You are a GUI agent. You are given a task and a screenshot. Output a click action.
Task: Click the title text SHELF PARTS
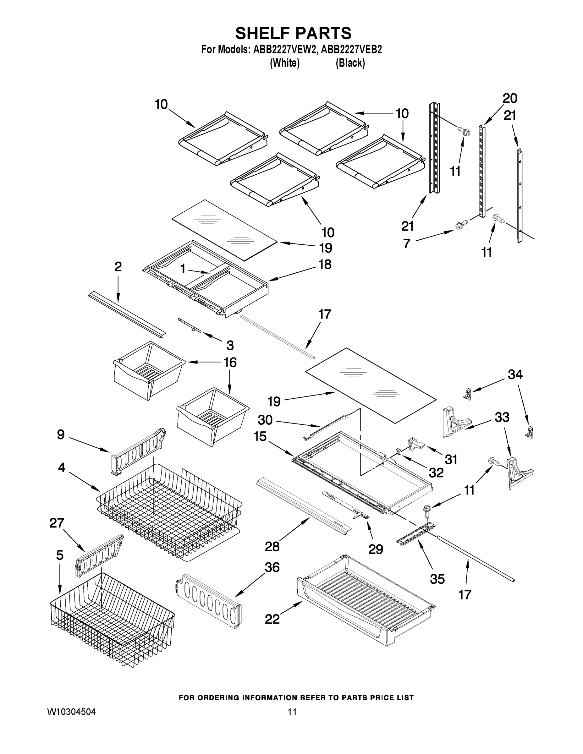coord(293,34)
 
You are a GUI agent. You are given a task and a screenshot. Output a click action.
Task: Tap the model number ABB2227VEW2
coord(285,50)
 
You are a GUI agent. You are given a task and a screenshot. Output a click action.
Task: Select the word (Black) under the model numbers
coord(350,63)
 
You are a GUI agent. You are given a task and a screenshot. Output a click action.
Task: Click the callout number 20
coord(510,98)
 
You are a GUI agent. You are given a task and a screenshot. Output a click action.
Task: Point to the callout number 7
coord(407,244)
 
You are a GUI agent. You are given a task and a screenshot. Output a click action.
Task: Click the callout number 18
coord(325,265)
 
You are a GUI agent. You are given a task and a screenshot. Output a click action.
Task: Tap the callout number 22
coord(272,619)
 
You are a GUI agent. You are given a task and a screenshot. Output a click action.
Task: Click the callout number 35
coord(437,579)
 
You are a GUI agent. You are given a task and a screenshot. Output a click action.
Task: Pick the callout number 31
coord(451,460)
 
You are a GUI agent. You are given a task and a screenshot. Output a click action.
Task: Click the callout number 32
coord(436,473)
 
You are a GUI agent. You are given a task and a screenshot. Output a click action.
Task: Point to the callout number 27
coord(57,523)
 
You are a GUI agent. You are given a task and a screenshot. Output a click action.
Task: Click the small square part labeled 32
coord(398,451)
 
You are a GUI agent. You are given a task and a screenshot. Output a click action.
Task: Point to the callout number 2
coord(118,267)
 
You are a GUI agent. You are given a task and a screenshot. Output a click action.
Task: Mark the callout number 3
coord(230,345)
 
